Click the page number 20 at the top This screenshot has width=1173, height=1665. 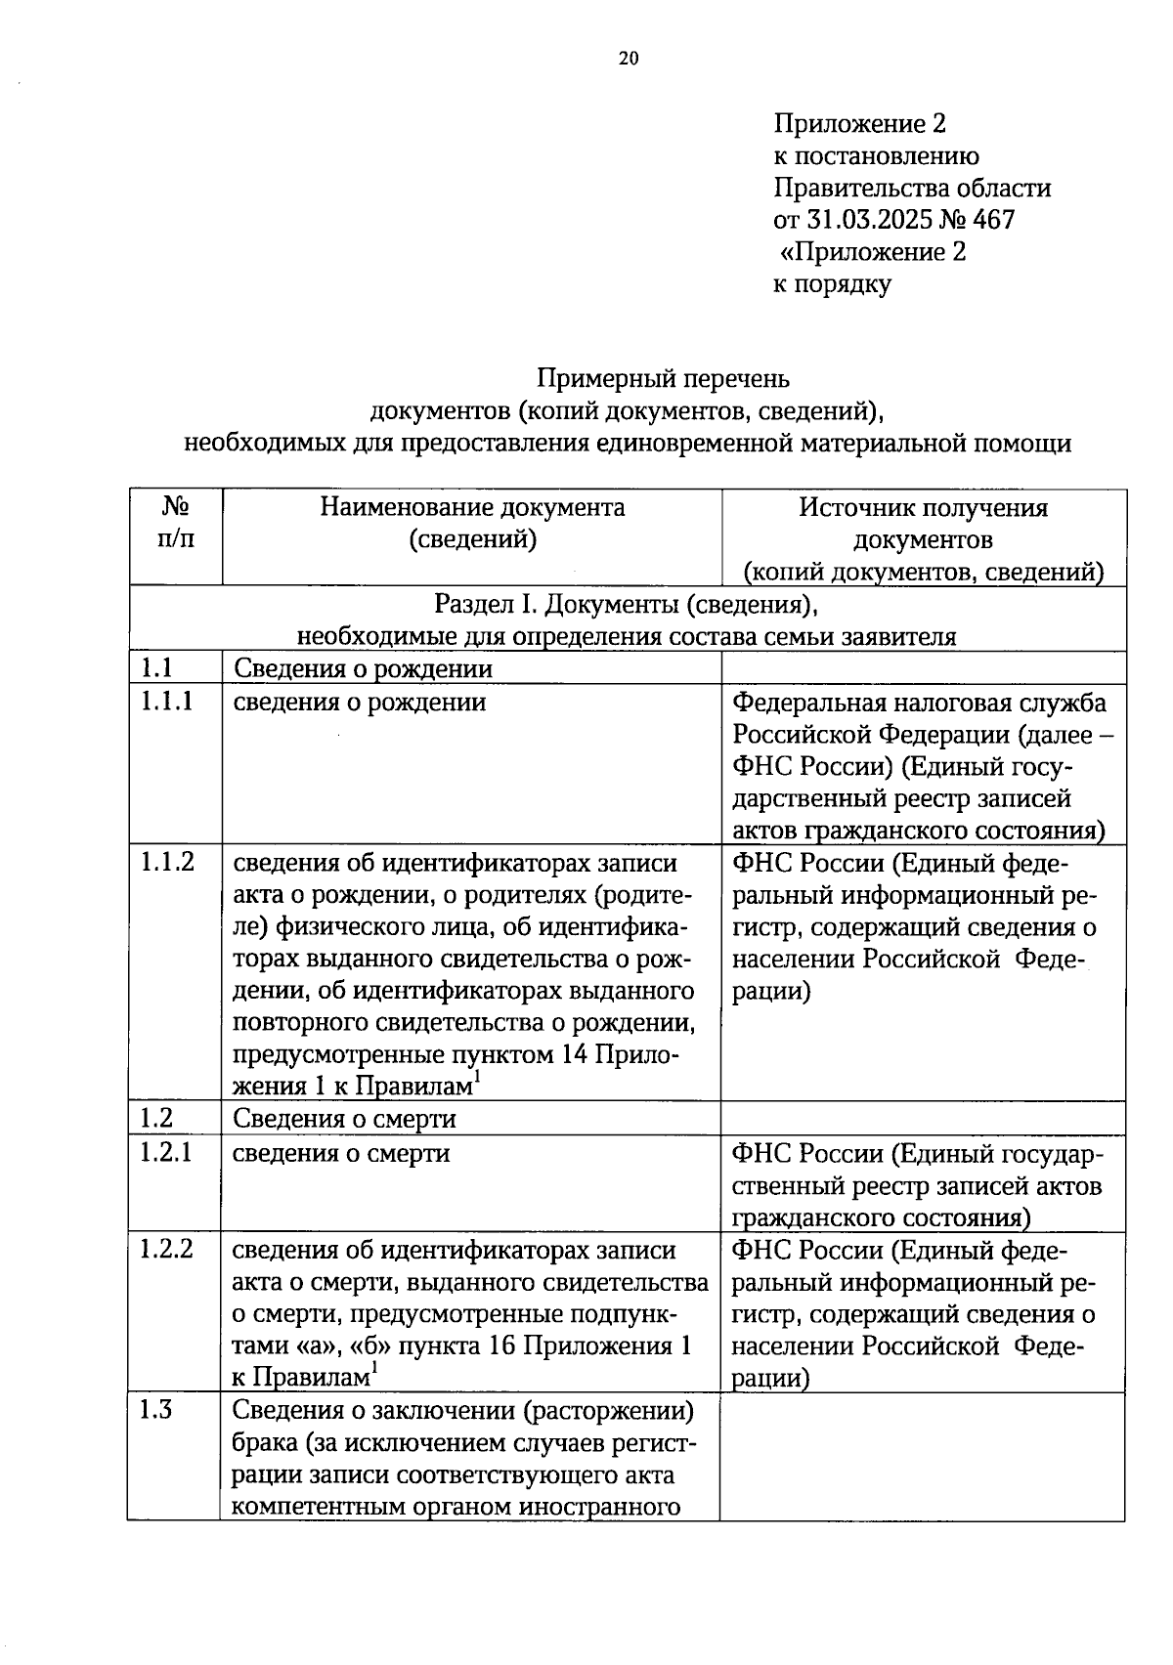pyautogui.click(x=629, y=59)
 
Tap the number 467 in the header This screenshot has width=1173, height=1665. pyautogui.click(x=993, y=220)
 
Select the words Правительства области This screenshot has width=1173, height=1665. pyautogui.click(x=912, y=188)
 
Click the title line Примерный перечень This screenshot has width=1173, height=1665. pyautogui.click(x=663, y=378)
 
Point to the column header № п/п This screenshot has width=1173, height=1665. pyautogui.click(x=175, y=524)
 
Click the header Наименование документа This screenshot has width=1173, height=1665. pyautogui.click(x=472, y=508)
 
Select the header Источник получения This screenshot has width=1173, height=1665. pyautogui.click(x=923, y=508)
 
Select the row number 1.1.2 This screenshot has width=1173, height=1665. pyautogui.click(x=166, y=862)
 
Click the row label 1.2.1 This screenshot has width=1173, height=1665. pyautogui.click(x=166, y=1152)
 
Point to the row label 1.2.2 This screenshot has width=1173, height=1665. pyautogui.click(x=166, y=1249)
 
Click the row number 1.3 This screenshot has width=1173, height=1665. pyautogui.click(x=156, y=1410)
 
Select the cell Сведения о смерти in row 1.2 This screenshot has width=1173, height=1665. pyautogui.click(x=344, y=1119)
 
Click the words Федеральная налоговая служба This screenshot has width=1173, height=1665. pyautogui.click(x=919, y=703)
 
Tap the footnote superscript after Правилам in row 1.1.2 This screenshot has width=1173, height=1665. pyautogui.click(x=476, y=1076)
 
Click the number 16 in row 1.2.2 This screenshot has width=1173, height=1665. pyautogui.click(x=501, y=1345)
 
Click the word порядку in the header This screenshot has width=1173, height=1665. pyautogui.click(x=846, y=284)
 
